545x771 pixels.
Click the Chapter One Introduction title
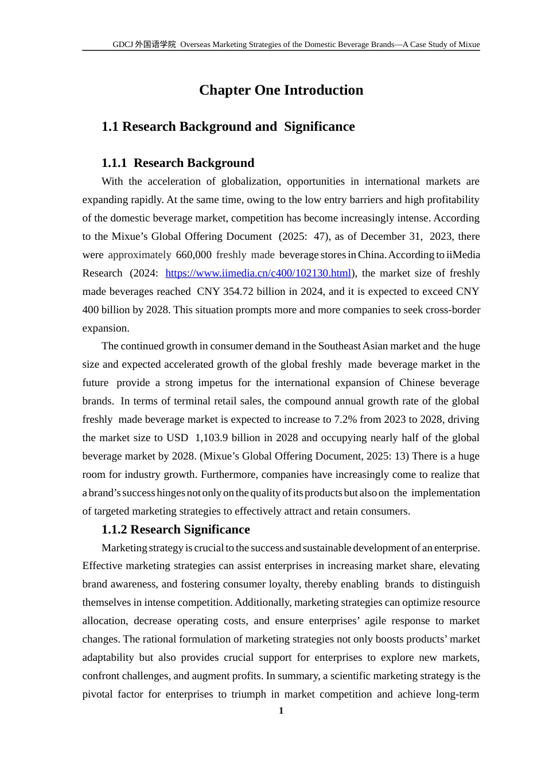281,90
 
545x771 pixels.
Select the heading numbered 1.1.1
178,163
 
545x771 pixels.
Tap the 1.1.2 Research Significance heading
176,529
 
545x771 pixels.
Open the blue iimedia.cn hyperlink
258,273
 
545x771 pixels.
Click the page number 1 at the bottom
281,711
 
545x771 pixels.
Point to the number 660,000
193,255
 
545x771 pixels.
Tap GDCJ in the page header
123,44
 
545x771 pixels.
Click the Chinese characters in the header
155,44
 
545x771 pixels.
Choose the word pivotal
98,694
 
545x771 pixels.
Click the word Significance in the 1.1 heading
319,127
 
